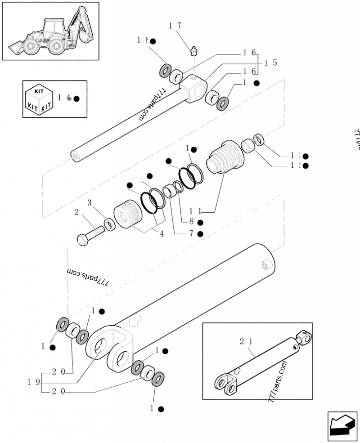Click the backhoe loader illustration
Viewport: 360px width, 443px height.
click(50, 31)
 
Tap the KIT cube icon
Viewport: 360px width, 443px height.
click(39, 99)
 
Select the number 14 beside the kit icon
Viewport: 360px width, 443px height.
click(64, 98)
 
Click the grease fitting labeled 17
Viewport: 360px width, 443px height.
click(194, 50)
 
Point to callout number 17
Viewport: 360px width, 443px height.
click(175, 26)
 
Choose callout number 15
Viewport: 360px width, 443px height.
click(270, 63)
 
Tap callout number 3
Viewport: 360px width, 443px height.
click(90, 204)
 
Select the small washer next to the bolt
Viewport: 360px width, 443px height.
click(108, 224)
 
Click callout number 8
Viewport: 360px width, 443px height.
click(191, 221)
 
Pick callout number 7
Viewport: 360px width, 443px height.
click(191, 233)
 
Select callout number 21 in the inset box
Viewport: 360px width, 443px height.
click(247, 342)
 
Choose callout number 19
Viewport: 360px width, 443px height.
click(33, 382)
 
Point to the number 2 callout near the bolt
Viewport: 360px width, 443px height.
click(76, 212)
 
